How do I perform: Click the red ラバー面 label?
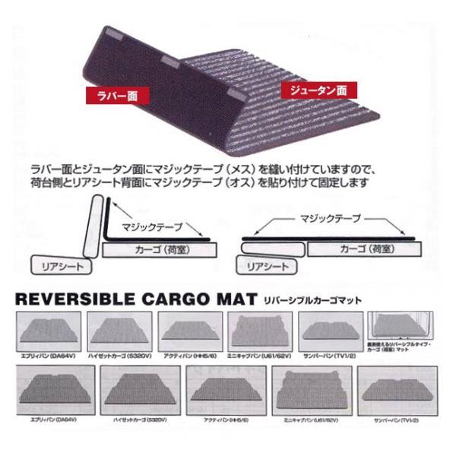click(115, 97)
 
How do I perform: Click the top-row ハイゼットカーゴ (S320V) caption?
click(119, 354)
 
